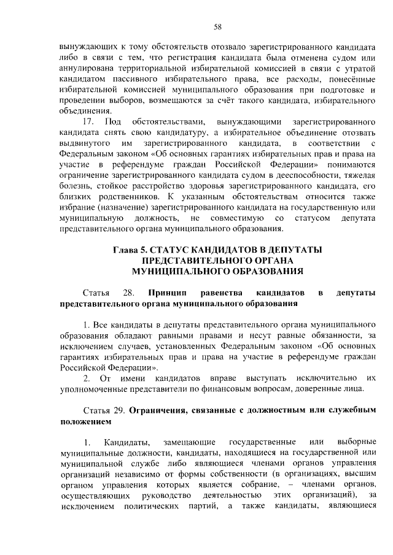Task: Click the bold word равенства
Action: pos(227,293)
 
